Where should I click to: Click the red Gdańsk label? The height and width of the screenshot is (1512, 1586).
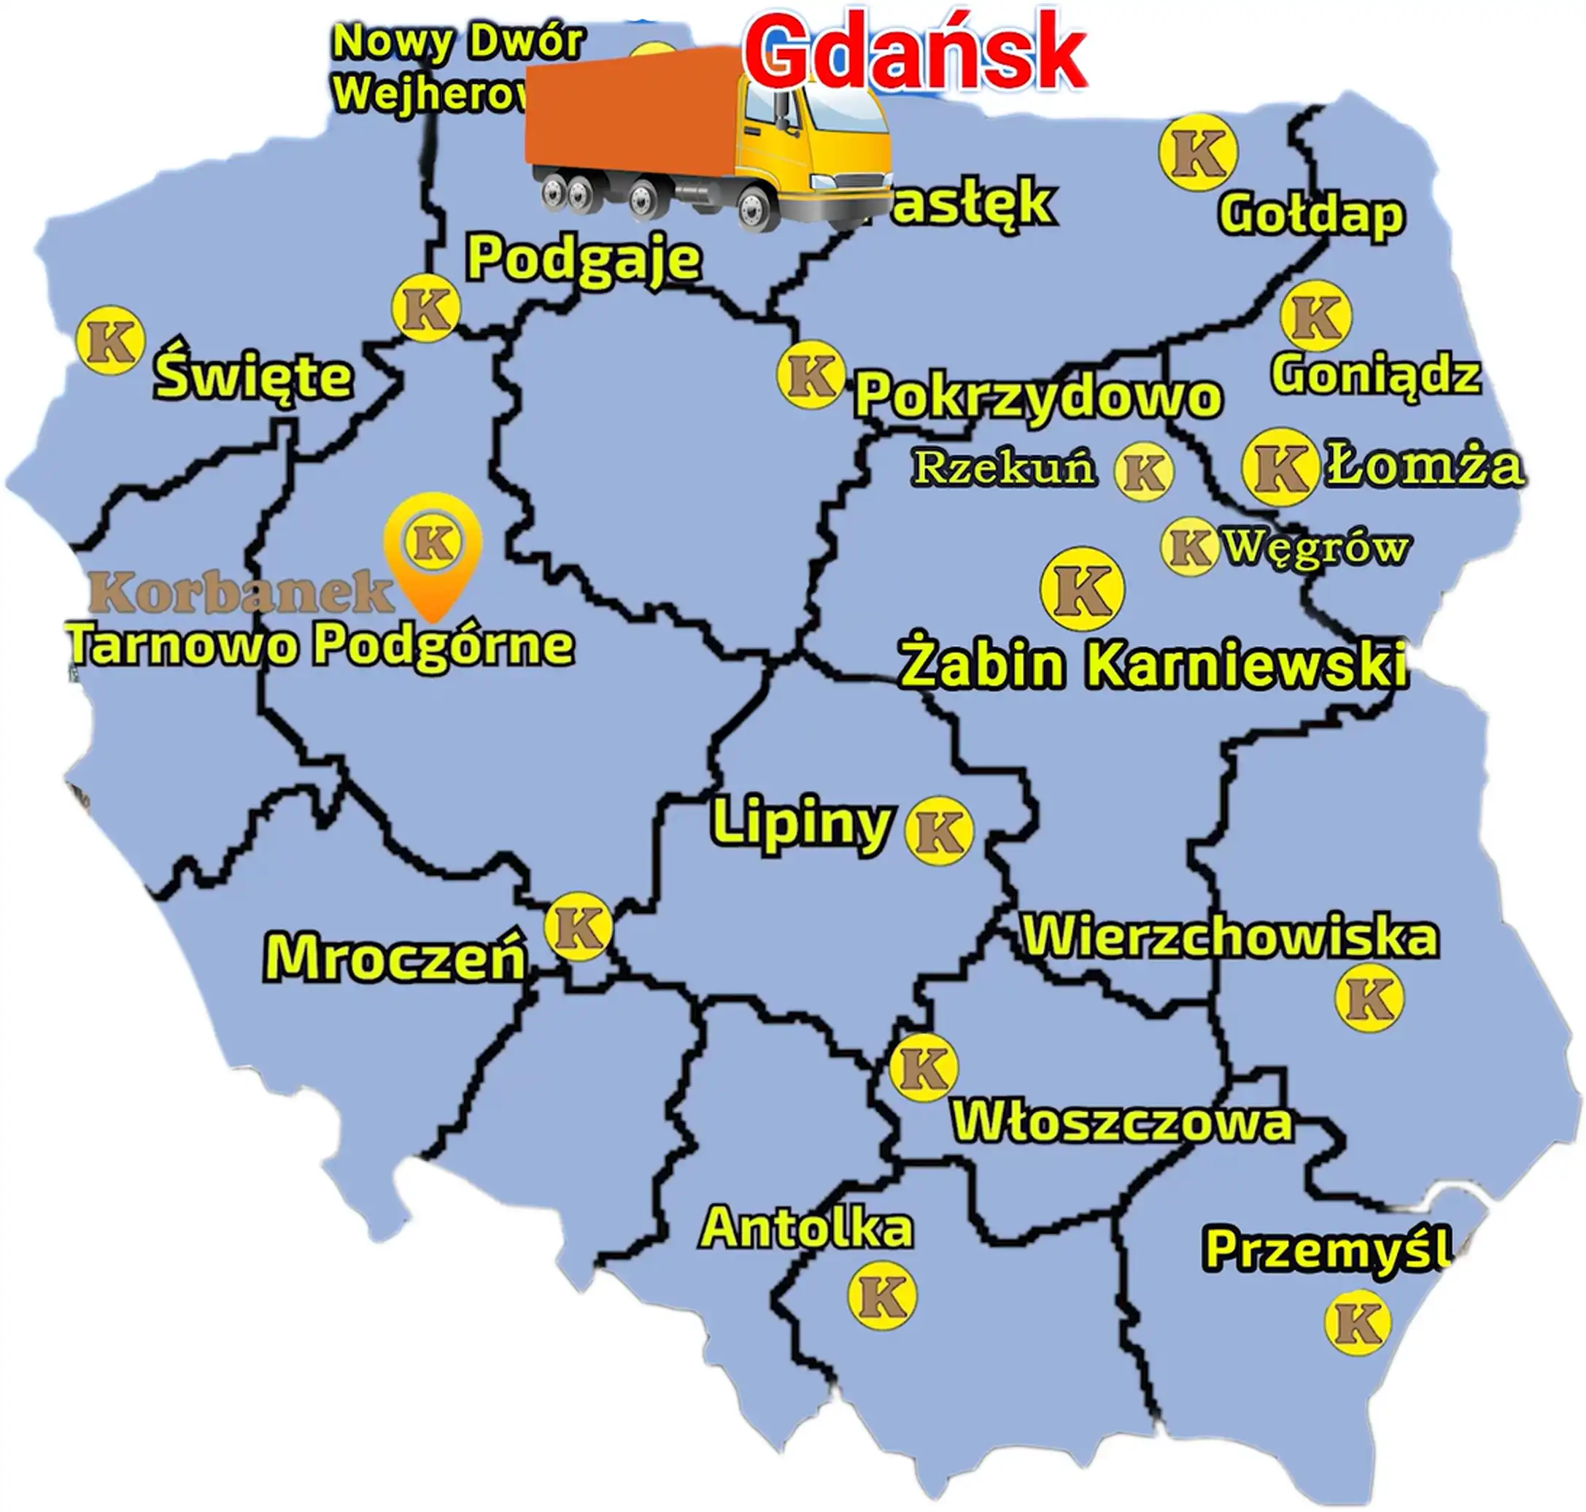(x=915, y=53)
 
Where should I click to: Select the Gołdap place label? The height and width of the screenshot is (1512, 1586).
(x=1311, y=215)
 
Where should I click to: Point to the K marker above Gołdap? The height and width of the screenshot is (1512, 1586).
(x=1198, y=153)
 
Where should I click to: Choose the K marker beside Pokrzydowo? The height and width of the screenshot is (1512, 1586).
(x=811, y=375)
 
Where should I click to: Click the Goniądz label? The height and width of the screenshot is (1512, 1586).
(x=1376, y=375)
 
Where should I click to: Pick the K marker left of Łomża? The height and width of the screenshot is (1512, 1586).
(x=1280, y=468)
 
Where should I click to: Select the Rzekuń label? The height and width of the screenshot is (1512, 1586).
(x=1004, y=468)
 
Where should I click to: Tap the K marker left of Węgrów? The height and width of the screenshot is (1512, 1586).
(x=1188, y=547)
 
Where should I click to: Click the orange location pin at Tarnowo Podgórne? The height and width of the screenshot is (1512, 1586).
(x=433, y=548)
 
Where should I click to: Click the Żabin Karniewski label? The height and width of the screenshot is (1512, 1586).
(x=1153, y=666)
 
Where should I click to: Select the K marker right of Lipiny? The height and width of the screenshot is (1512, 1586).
(x=939, y=831)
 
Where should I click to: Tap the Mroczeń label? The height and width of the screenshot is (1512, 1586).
(x=395, y=957)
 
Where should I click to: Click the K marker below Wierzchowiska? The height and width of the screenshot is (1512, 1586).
(x=1369, y=998)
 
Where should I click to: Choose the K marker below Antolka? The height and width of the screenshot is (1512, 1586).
(x=883, y=1295)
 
